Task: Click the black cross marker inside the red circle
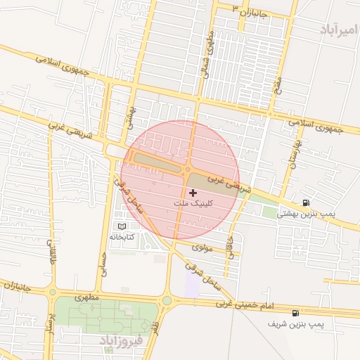point(193,192)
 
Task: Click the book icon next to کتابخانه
point(124,227)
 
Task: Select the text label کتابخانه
point(122,238)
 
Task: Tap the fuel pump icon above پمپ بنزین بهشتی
point(305,202)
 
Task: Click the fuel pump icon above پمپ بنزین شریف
point(295,313)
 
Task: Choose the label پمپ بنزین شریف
point(296,325)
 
